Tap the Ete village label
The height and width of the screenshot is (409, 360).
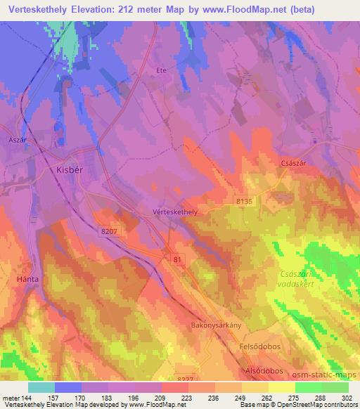(160, 70)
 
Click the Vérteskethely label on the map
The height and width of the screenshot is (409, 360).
(174, 210)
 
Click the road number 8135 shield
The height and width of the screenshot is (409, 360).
(243, 201)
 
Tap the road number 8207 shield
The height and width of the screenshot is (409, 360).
(109, 231)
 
